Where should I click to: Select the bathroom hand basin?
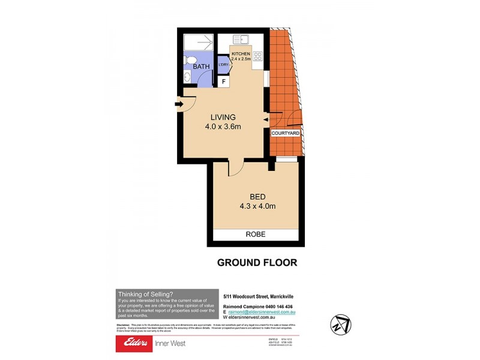187,76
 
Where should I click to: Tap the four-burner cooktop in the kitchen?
258,57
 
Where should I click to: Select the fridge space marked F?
224,81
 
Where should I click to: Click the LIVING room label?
223,117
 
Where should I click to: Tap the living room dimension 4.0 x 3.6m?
223,127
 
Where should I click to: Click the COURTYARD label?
285,133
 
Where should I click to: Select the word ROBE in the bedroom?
256,234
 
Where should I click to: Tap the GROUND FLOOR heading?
257,262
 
